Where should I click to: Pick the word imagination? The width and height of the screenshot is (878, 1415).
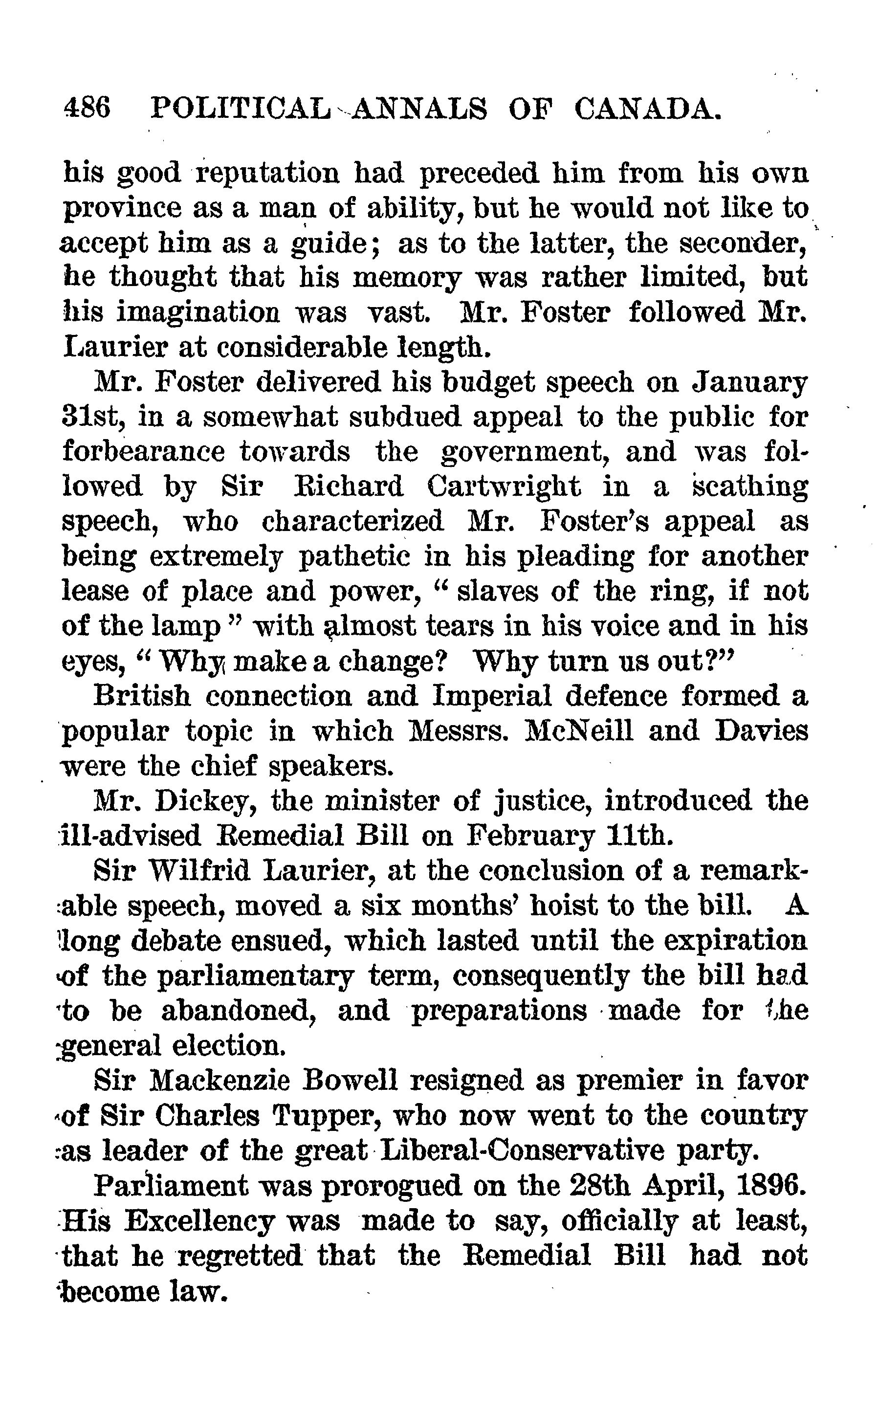tap(198, 312)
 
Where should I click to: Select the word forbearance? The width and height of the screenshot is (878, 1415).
tap(143, 452)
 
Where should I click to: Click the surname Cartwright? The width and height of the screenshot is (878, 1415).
tap(504, 486)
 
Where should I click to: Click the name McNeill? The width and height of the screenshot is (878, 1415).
tap(578, 730)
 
